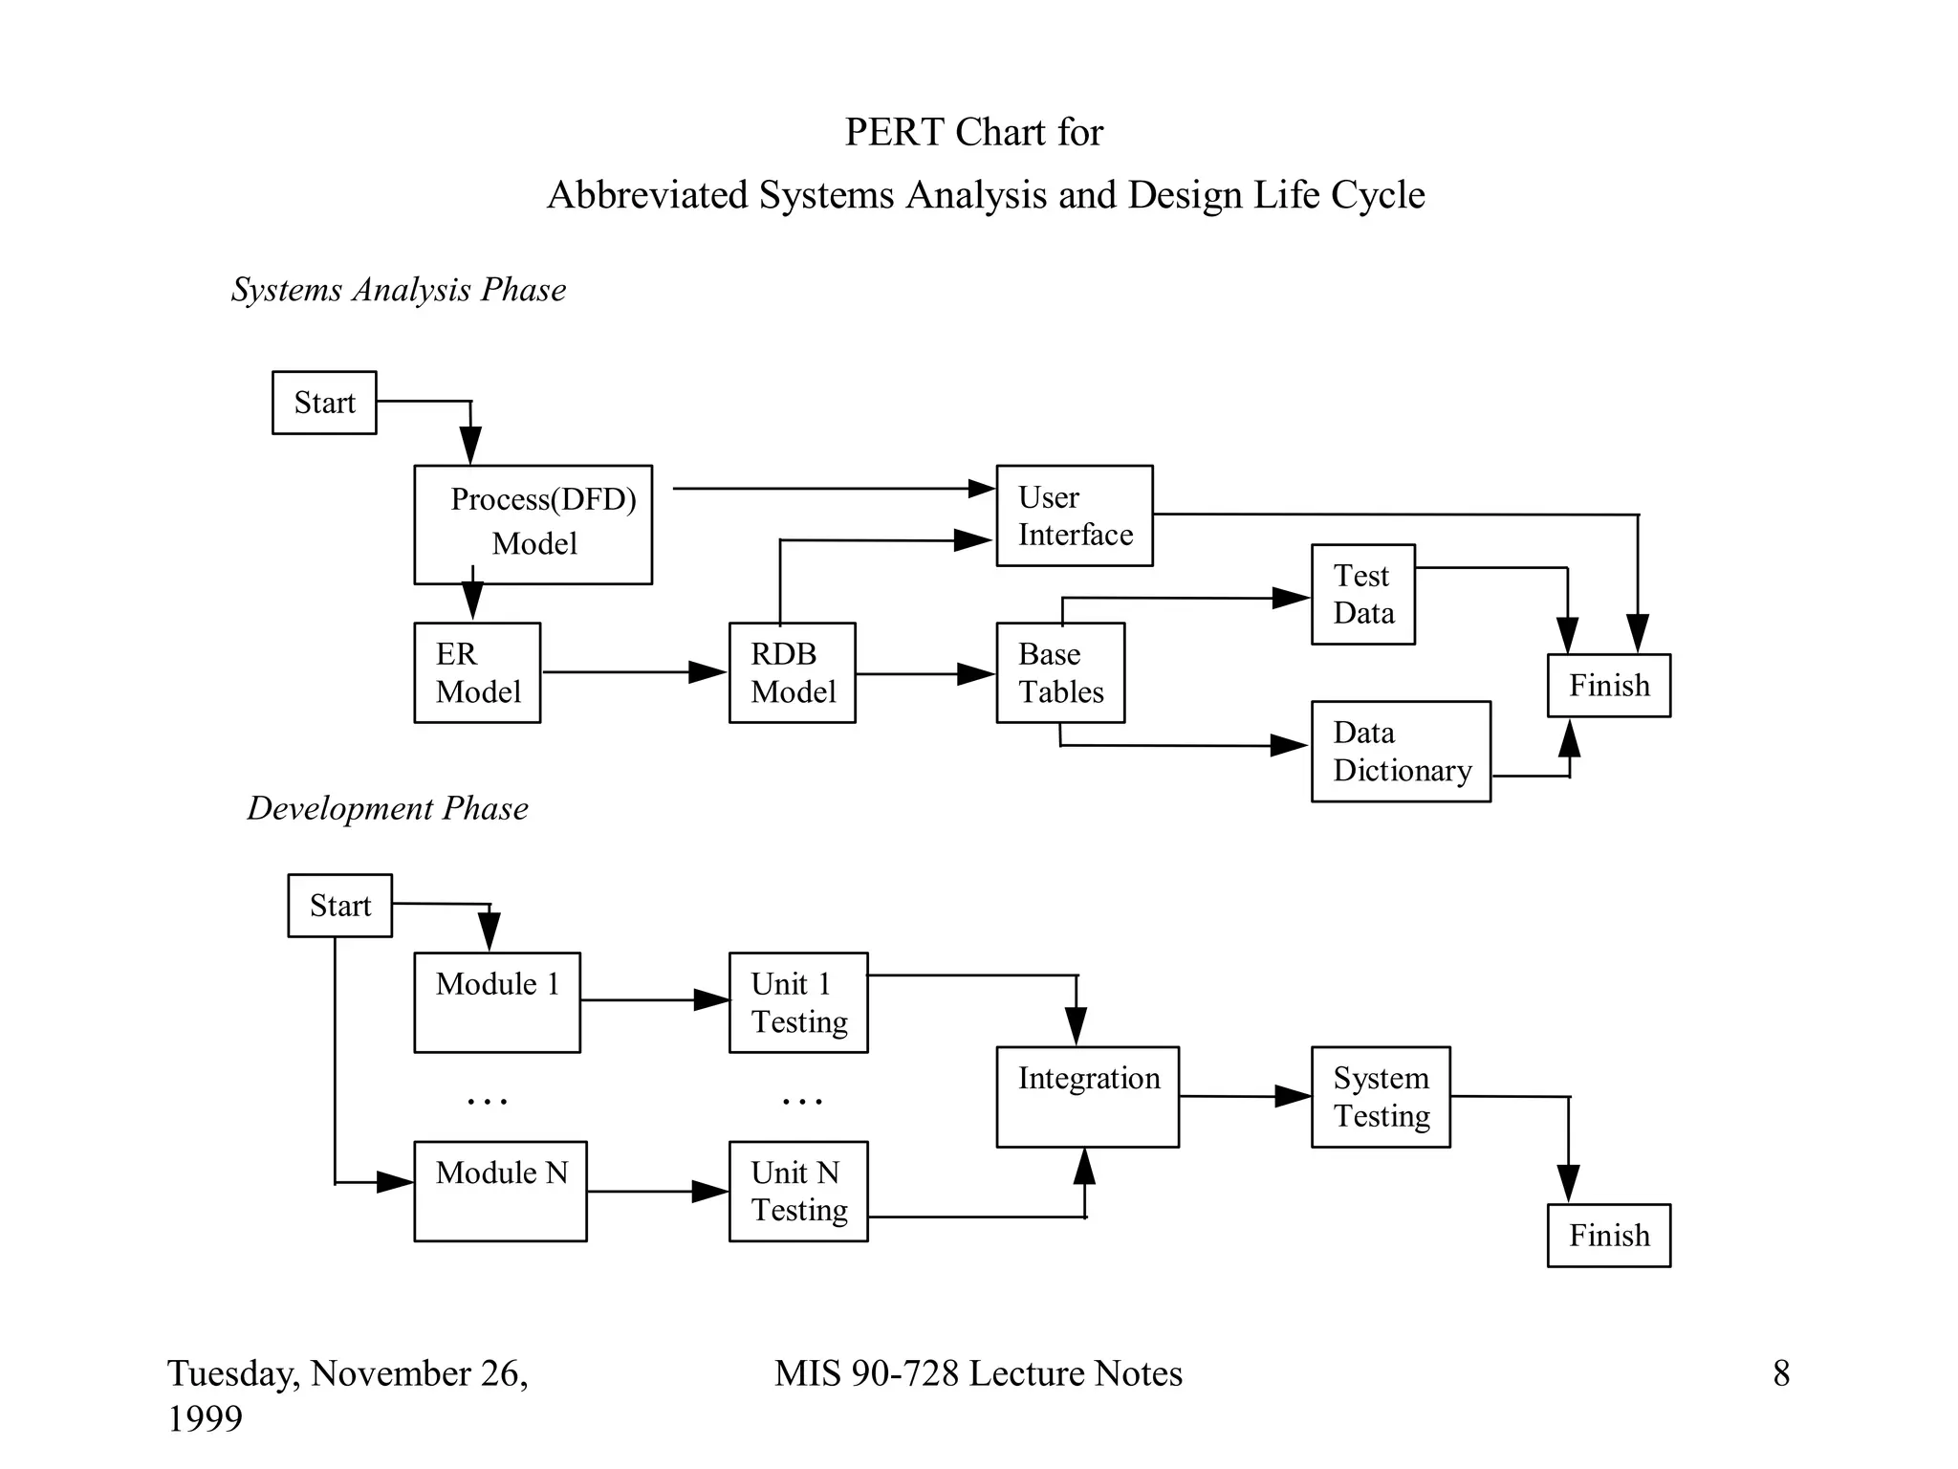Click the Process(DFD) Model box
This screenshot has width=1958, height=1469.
tap(533, 524)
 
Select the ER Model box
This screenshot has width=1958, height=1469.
tap(477, 672)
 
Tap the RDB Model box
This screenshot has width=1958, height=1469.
tap(792, 672)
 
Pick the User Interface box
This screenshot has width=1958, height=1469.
tap(1074, 515)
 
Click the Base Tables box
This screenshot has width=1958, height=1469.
tap(1060, 672)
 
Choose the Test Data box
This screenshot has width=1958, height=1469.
tap(1362, 594)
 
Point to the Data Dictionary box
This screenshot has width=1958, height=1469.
tap(1401, 751)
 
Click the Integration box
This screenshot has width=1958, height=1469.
tap(1087, 1096)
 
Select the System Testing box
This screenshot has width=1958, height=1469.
tap(1381, 1096)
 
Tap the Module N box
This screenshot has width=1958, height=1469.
tap(500, 1191)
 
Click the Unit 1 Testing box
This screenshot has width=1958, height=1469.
tap(798, 1002)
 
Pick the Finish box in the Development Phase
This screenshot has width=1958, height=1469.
tap(1609, 1235)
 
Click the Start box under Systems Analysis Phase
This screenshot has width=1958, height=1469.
tap(324, 403)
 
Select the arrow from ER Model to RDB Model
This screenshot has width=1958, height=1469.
tap(631, 672)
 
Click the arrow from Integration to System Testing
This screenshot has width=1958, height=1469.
tap(1243, 1096)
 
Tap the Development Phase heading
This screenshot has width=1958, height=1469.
tap(387, 808)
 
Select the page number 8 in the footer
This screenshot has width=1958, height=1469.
tap(1781, 1373)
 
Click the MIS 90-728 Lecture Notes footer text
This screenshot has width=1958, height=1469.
tap(978, 1373)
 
